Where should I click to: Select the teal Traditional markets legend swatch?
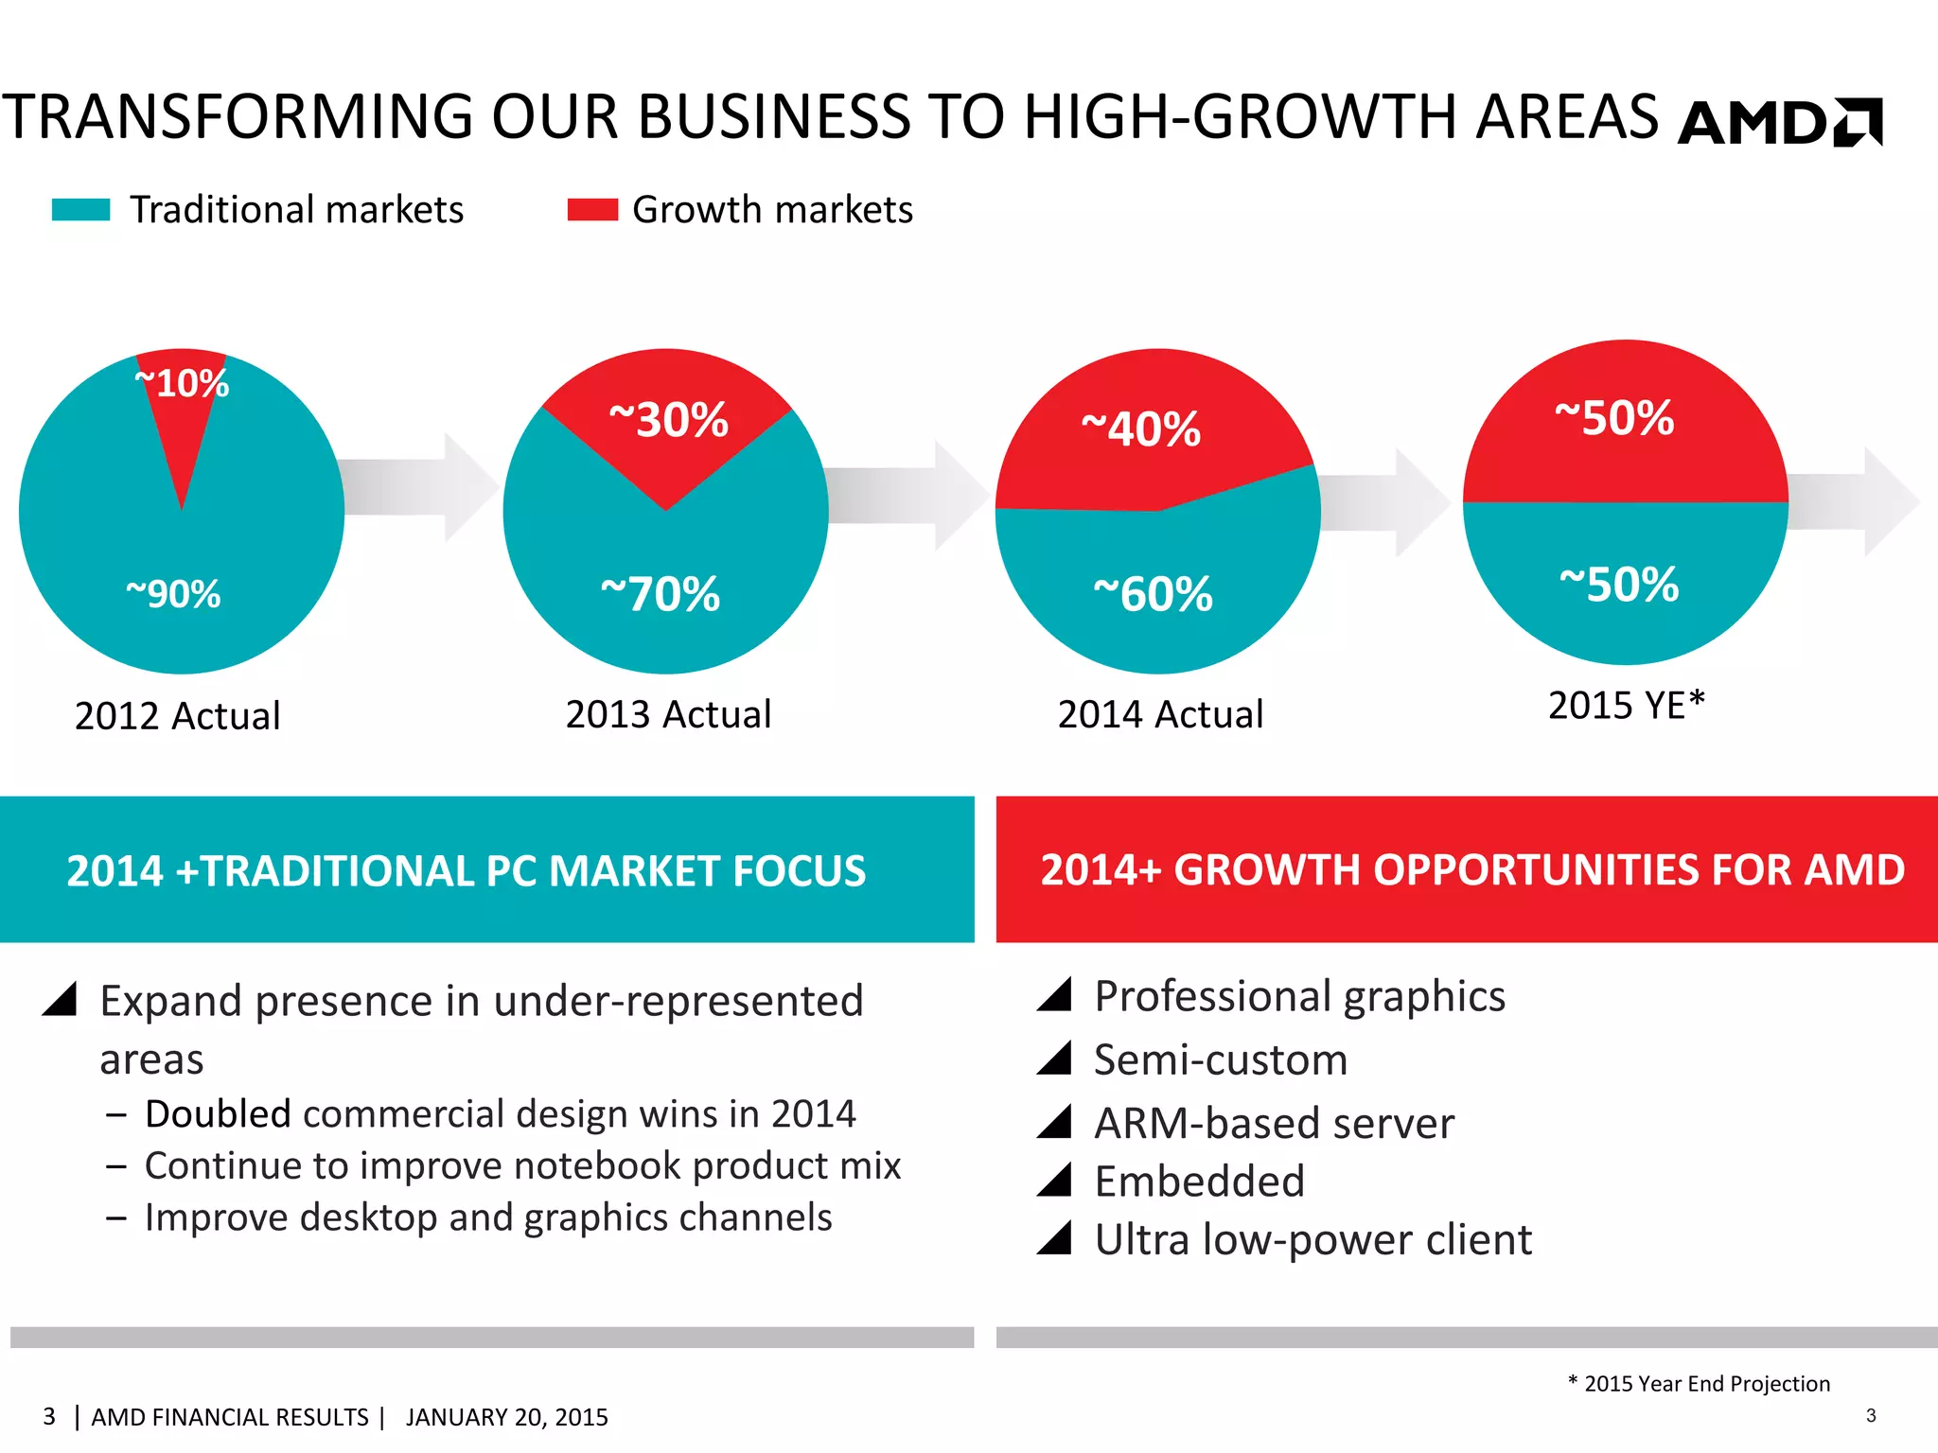(x=81, y=209)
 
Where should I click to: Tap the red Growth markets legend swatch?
(x=592, y=209)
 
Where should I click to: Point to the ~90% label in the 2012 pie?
(x=173, y=594)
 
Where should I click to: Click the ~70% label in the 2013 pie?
(x=661, y=594)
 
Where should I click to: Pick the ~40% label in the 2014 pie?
(x=1141, y=429)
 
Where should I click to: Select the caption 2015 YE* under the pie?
(x=1626, y=706)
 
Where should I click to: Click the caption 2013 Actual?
(x=668, y=714)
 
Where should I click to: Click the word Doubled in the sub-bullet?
(x=218, y=1114)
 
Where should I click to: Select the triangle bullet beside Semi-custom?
(x=1054, y=1058)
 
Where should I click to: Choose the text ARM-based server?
(x=1274, y=1124)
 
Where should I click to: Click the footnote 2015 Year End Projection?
(x=1706, y=1384)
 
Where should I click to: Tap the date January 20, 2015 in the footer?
(x=506, y=1417)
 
